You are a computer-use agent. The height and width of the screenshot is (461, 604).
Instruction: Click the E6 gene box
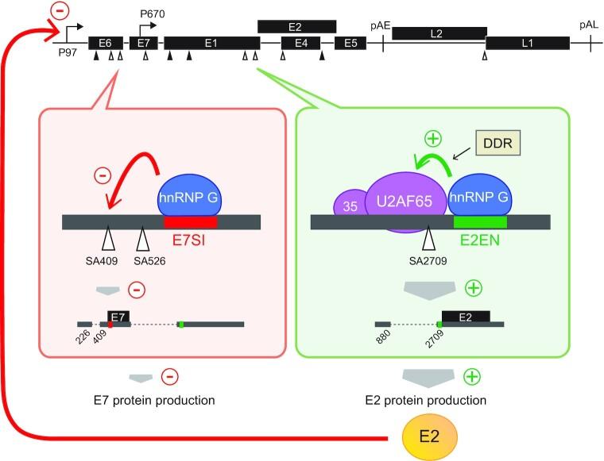click(106, 43)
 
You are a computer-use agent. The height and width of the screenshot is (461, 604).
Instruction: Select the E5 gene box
click(350, 43)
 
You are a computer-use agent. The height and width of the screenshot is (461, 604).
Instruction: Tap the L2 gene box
click(439, 33)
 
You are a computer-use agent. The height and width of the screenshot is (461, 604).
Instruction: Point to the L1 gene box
click(528, 43)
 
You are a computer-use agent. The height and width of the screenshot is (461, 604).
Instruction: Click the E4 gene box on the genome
click(301, 43)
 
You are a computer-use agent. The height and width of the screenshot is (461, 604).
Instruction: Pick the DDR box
click(498, 143)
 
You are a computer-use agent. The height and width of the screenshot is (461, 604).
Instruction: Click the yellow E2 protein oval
click(429, 437)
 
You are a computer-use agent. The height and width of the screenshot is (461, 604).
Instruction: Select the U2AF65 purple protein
click(405, 202)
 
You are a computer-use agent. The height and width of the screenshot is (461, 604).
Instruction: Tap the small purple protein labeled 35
click(350, 204)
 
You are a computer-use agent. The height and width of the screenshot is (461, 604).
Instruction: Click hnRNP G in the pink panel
click(189, 196)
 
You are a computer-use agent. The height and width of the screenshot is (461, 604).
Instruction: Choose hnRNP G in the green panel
click(479, 196)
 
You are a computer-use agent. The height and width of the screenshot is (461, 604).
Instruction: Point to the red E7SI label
click(188, 240)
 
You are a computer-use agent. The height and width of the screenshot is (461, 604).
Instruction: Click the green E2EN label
click(480, 240)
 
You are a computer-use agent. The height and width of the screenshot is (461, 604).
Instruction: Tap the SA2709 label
click(428, 262)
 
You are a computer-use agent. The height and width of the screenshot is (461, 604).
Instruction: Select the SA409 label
click(102, 262)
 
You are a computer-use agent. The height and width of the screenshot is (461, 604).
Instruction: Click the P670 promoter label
click(152, 14)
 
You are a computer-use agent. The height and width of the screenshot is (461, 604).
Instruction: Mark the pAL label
click(589, 25)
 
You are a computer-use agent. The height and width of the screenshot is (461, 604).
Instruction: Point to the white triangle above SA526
click(143, 239)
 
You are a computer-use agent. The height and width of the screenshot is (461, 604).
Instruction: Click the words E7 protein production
click(154, 401)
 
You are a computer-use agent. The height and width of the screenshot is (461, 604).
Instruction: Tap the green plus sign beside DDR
click(433, 138)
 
